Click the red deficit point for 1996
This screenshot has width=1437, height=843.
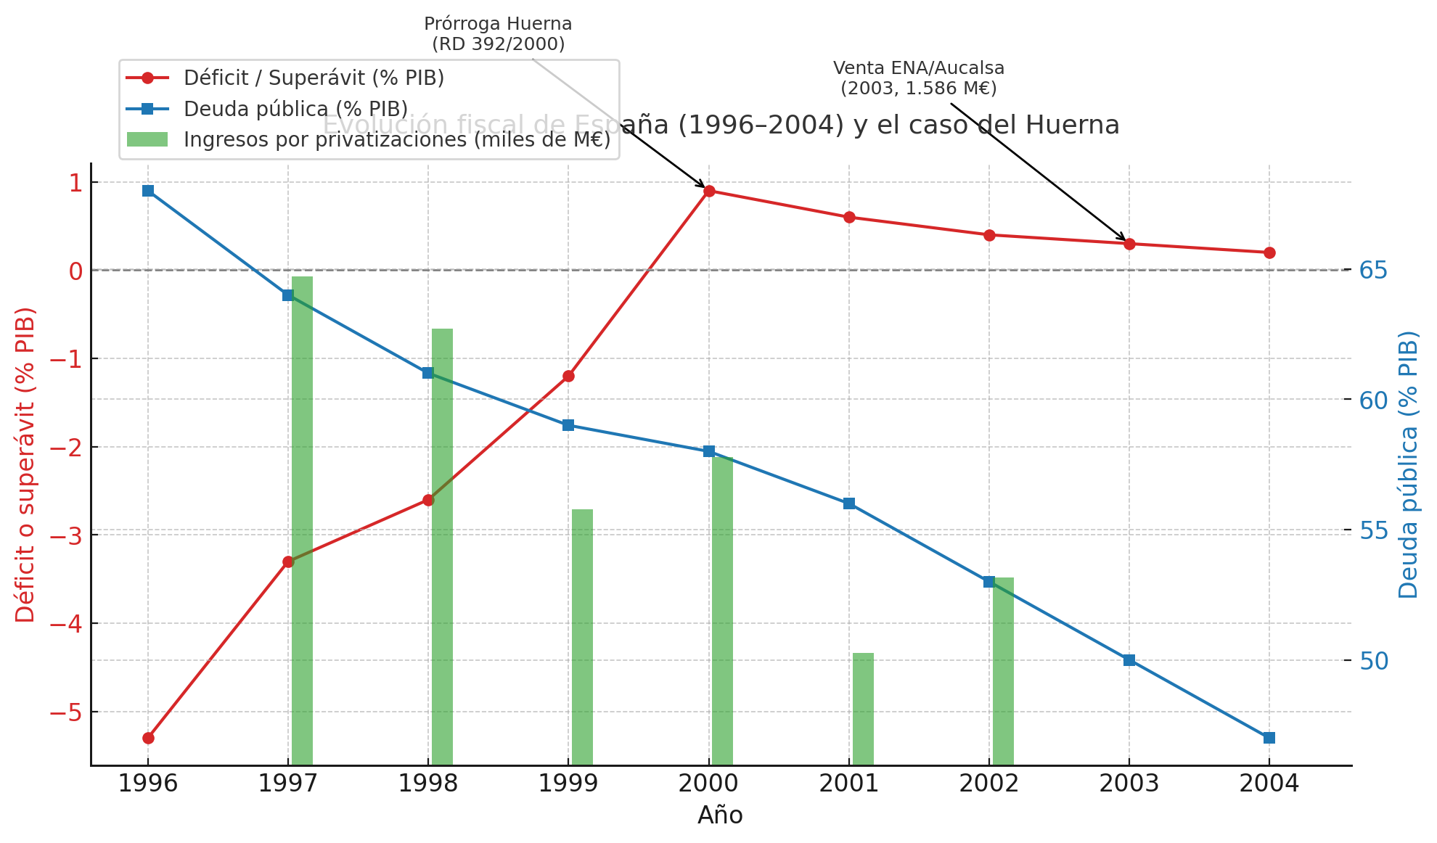coord(148,738)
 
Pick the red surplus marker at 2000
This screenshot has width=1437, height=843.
coord(709,192)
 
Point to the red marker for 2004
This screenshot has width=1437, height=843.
coord(1269,252)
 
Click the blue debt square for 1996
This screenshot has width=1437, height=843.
coord(148,191)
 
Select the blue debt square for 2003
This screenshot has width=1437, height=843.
coord(1129,660)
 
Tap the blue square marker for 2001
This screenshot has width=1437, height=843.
coord(849,503)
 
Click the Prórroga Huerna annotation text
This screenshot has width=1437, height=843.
coord(498,34)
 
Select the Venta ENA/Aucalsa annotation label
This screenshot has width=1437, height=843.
coord(919,78)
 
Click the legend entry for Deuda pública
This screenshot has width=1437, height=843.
coord(295,109)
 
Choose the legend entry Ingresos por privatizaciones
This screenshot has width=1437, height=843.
coord(396,139)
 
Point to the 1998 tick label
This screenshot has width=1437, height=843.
coord(428,784)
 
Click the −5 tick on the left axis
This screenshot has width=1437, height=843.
coord(65,712)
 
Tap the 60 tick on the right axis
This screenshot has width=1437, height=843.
coord(1373,400)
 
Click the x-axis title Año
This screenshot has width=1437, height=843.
coord(720,815)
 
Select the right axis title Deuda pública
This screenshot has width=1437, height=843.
coord(1408,464)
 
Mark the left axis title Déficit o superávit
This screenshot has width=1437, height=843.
coord(25,464)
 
